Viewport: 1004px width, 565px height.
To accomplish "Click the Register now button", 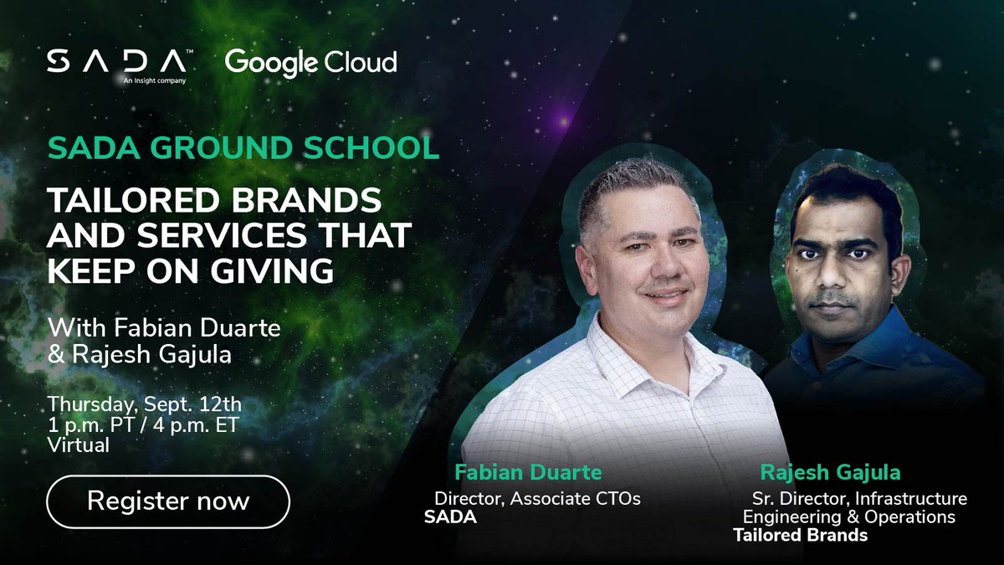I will point(168,501).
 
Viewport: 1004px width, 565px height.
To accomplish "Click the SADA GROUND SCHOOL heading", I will point(243,147).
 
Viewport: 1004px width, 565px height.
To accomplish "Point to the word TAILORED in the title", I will point(126,203).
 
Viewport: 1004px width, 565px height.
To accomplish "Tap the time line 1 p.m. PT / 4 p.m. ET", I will point(142,425).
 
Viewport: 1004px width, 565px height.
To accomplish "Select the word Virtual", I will point(78,445).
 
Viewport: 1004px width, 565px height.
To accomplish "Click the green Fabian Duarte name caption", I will point(528,473).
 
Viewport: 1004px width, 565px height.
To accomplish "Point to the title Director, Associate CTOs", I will point(537,499).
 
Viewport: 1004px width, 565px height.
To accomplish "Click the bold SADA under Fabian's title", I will point(450,517).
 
